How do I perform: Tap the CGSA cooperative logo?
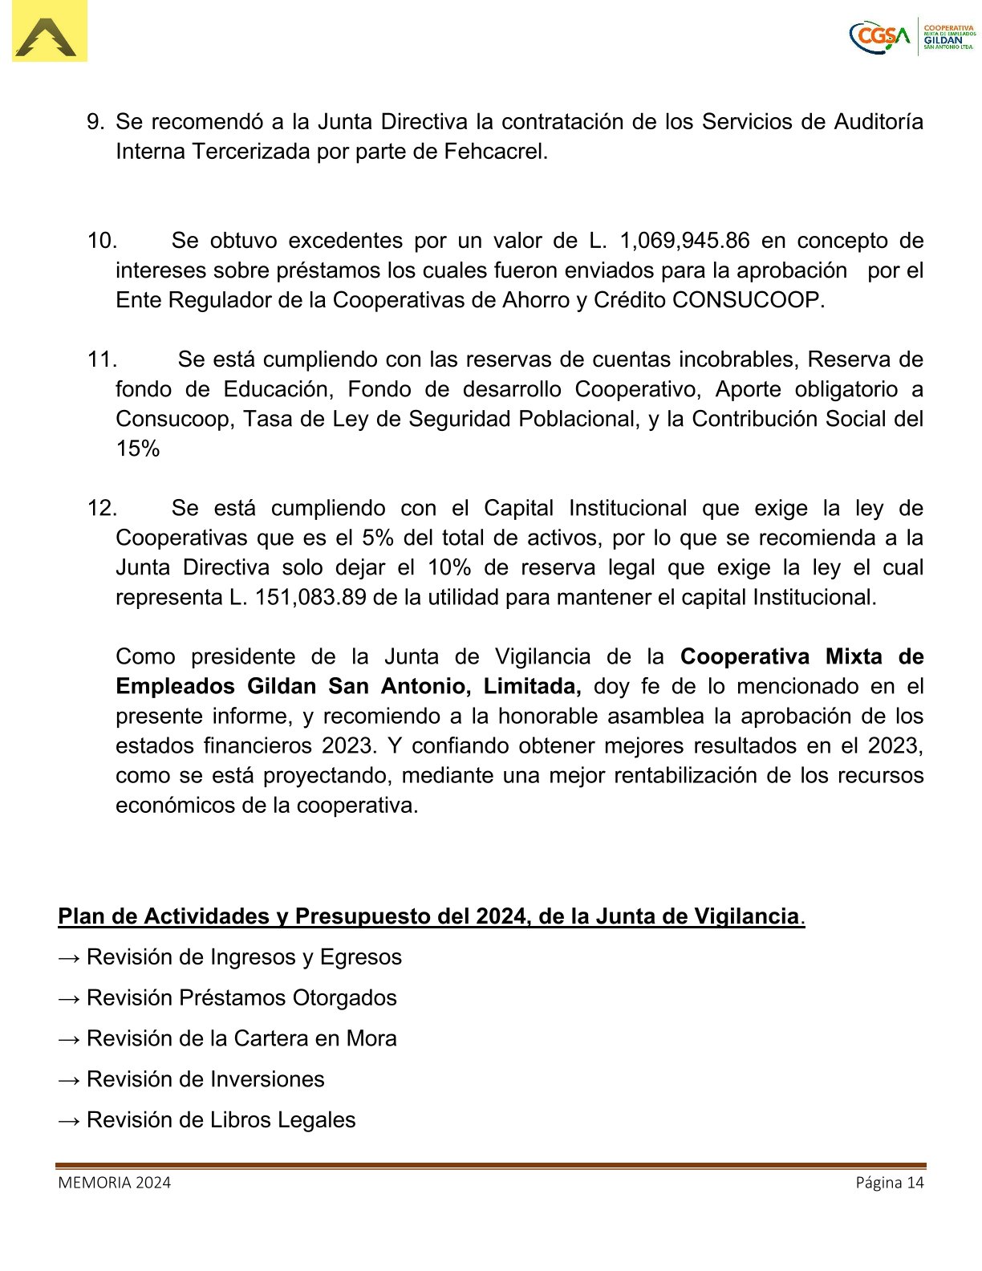[x=912, y=37]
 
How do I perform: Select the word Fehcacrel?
[x=495, y=152]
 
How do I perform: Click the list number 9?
[x=95, y=122]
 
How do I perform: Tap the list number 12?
[x=102, y=509]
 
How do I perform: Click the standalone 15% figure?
[x=138, y=449]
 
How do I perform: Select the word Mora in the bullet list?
[x=371, y=1039]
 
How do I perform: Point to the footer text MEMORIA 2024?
[x=114, y=1183]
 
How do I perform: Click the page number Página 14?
[x=889, y=1183]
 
